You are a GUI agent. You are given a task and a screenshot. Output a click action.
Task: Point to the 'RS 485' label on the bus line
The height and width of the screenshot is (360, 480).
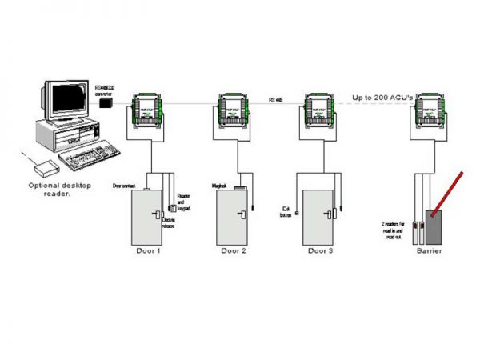(x=276, y=99)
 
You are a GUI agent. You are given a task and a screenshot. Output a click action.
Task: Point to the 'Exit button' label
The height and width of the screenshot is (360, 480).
(x=285, y=212)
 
